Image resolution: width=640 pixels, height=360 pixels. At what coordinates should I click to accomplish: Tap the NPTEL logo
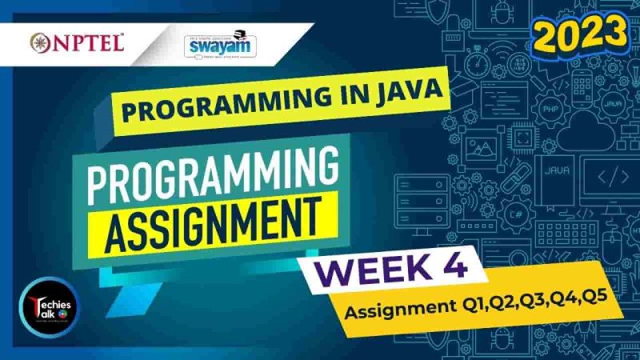coord(77,42)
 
